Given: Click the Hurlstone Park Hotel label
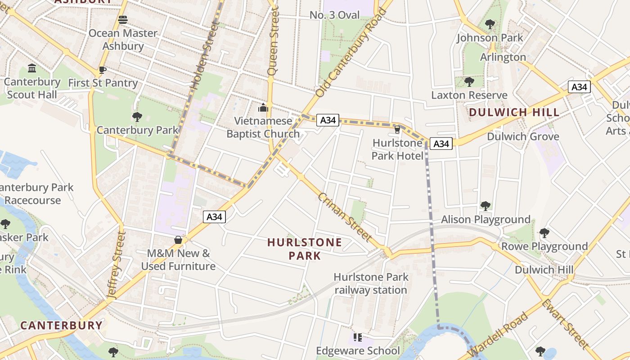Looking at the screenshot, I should [x=397, y=149].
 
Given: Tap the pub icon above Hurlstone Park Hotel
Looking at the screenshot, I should [x=397, y=130].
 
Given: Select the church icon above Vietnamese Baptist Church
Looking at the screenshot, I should [x=263, y=108].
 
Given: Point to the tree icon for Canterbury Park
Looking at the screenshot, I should [x=137, y=117].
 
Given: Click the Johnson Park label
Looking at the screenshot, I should [x=490, y=38].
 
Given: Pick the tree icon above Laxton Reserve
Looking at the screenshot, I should [x=469, y=81].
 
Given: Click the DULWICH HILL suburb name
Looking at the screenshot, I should [x=514, y=112].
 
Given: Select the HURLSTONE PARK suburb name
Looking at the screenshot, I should [x=305, y=249].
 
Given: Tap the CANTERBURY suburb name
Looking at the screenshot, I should [x=62, y=325].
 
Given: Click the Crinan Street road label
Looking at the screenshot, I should [x=345, y=217].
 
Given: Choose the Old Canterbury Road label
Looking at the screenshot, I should [x=351, y=53].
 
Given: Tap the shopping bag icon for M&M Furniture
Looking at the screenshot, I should [x=178, y=240].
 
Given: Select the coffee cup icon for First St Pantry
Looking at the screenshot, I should [x=103, y=70].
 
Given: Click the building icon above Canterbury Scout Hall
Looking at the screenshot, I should [x=32, y=68].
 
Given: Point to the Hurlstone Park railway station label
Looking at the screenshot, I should [x=371, y=283].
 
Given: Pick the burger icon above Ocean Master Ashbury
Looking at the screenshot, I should [x=123, y=19].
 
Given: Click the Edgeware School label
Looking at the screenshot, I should [x=358, y=351].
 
